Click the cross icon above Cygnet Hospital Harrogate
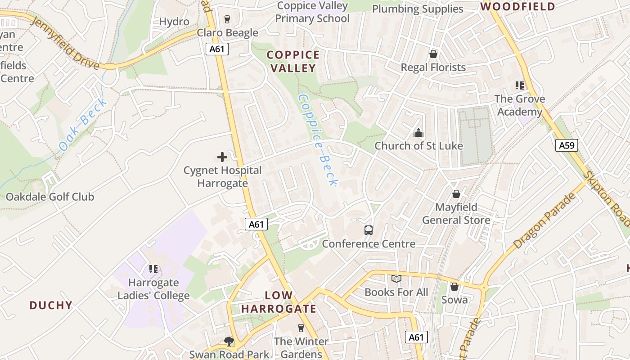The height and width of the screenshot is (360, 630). [222, 157]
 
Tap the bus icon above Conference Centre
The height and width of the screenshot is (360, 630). [369, 230]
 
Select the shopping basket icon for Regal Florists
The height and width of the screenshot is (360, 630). [433, 54]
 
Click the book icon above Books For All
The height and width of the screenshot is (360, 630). [396, 279]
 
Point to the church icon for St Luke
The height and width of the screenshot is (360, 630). [418, 133]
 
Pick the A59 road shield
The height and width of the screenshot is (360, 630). [567, 145]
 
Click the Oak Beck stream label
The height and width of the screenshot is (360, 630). [84, 124]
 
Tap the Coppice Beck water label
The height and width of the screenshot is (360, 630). [318, 139]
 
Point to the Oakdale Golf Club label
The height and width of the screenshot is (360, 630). [50, 197]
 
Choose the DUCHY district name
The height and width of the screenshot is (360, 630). [51, 305]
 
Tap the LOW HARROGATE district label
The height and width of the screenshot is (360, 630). [279, 302]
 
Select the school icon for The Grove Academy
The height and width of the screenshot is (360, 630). [520, 85]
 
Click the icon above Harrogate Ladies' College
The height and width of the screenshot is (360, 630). [153, 269]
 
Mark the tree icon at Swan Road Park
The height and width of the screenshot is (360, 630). [229, 342]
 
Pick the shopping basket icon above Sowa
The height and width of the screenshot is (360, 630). [454, 286]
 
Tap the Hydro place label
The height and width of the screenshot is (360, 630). [174, 22]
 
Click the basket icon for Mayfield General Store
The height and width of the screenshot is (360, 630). [456, 194]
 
